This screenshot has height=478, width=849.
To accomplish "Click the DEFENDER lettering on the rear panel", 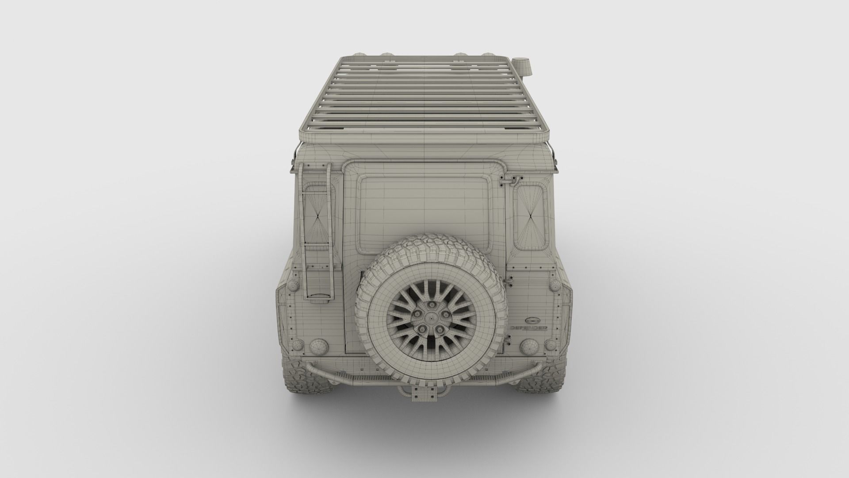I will (529, 328).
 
